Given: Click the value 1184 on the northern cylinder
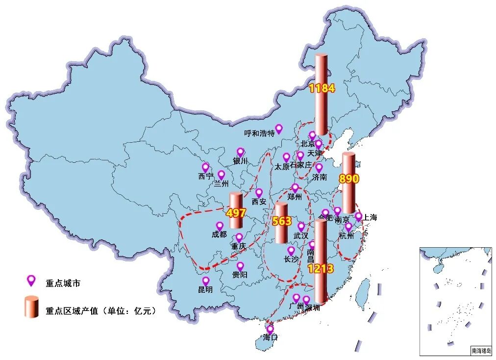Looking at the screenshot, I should [x=322, y=88].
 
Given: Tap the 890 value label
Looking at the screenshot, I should [x=349, y=179].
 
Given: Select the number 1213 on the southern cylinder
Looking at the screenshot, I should [x=321, y=269].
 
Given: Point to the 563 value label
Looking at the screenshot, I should [x=282, y=221].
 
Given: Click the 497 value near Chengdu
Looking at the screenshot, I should [x=236, y=213].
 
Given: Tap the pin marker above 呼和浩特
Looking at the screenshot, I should [x=279, y=129].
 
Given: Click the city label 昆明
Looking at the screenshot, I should [x=205, y=290].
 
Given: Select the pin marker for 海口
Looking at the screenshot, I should [x=270, y=328].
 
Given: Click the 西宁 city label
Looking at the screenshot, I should [x=206, y=177].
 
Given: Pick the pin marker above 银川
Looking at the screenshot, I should [x=240, y=152].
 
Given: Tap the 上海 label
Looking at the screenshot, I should [x=370, y=218].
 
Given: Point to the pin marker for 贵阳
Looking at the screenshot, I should [x=240, y=266].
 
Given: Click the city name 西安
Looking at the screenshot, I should [x=259, y=201].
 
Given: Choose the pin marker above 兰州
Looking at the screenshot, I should [x=221, y=174].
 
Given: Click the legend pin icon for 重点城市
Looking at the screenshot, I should [x=31, y=280].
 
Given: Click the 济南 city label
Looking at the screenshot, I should [x=320, y=177].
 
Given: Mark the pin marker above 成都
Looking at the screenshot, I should [x=220, y=226].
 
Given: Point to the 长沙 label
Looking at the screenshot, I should [x=291, y=259].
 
